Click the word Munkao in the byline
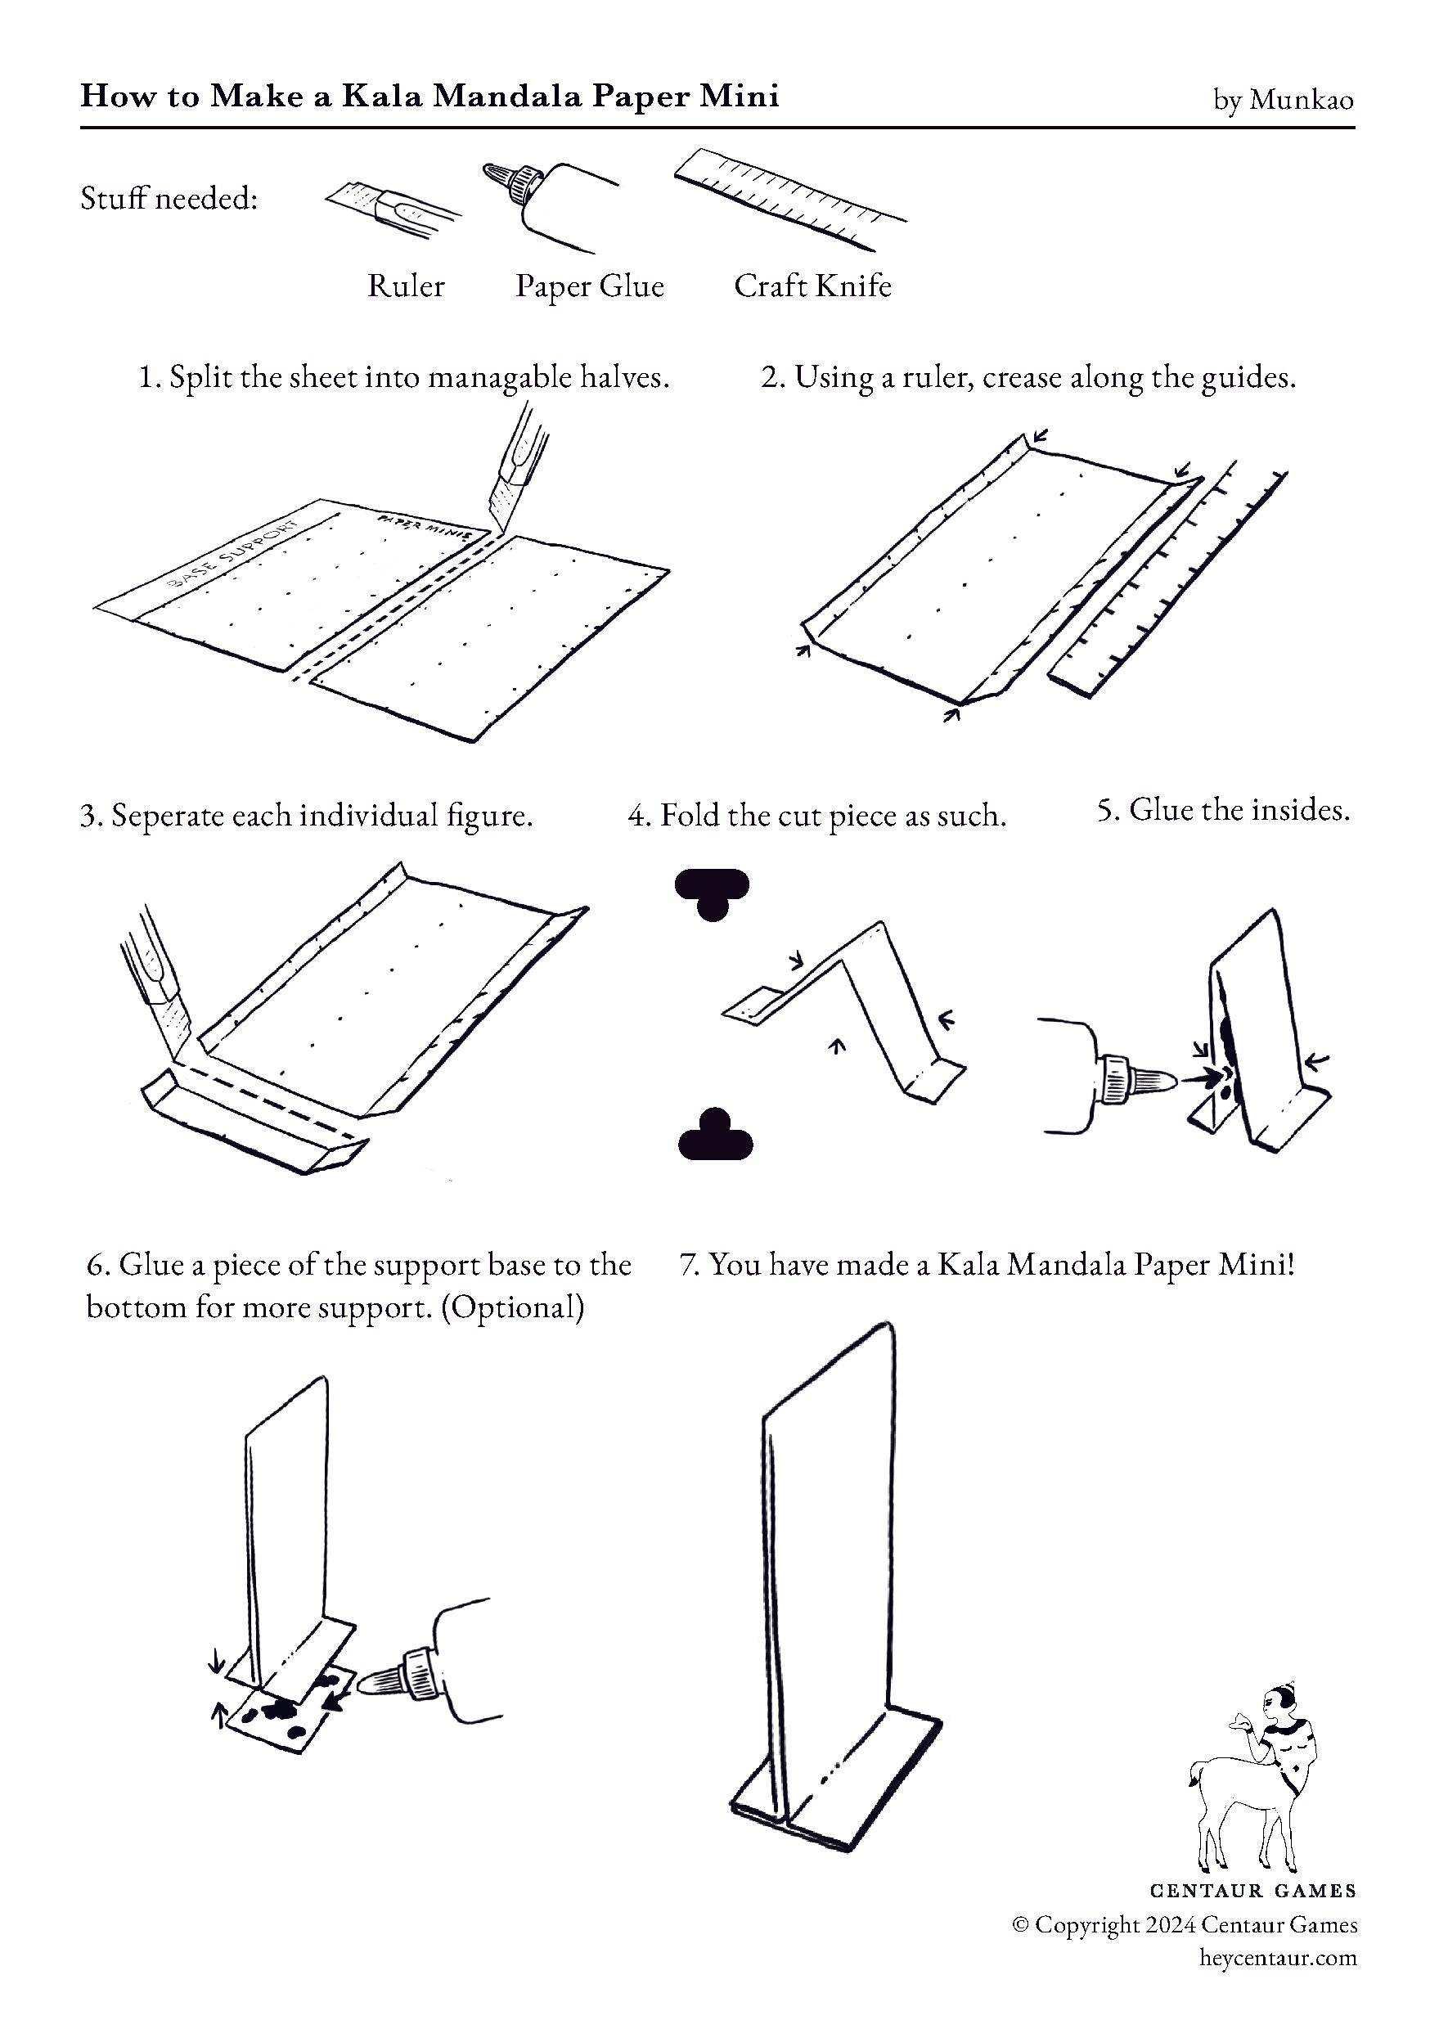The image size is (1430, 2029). coord(1301,100)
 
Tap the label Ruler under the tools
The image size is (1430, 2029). coord(406,286)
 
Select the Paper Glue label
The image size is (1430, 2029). coord(590,286)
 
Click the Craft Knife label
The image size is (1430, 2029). coord(812,286)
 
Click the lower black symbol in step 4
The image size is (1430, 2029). coord(715,1134)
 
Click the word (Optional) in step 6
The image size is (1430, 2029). coord(513,1308)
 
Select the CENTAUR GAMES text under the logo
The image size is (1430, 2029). coord(1253,1891)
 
